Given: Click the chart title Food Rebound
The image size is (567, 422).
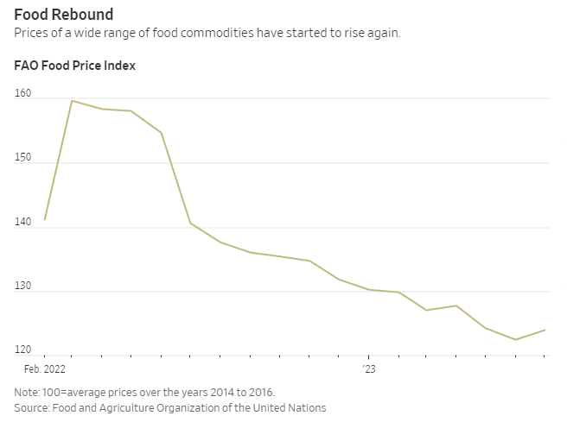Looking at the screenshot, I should [x=63, y=15].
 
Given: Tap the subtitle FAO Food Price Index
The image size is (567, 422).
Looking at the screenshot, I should [x=74, y=66].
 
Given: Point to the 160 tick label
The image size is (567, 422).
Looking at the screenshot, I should [x=22, y=94].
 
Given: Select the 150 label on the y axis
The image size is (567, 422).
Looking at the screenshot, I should [x=22, y=158].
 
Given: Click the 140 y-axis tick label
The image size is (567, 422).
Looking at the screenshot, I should [x=22, y=223].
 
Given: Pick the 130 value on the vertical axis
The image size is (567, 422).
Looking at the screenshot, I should [x=22, y=287].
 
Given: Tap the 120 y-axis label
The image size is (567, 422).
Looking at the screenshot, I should [x=22, y=350].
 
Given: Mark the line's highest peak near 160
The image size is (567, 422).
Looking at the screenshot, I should [x=72, y=101].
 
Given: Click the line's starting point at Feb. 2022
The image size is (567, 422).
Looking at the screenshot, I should [x=45, y=219].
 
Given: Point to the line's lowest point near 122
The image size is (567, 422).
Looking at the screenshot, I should [x=516, y=339].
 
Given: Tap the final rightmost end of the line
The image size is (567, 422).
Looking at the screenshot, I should [x=545, y=330].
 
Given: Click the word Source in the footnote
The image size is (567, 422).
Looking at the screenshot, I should [x=31, y=407].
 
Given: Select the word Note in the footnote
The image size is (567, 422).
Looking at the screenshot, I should [x=26, y=392].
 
